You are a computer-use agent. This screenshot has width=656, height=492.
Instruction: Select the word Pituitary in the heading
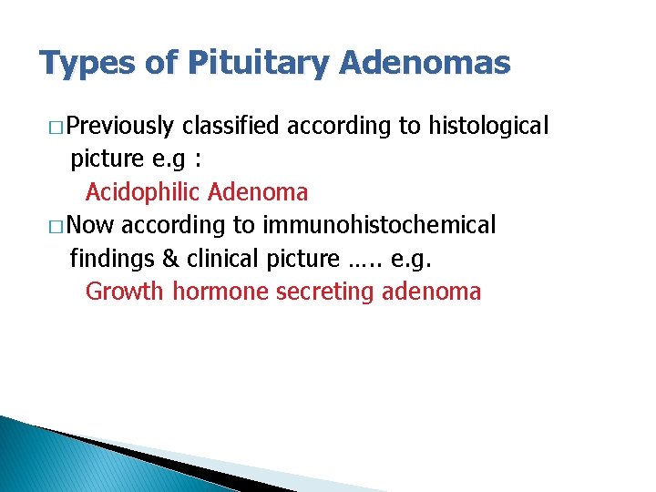[x=258, y=63]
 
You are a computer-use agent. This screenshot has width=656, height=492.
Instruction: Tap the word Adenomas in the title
[x=425, y=63]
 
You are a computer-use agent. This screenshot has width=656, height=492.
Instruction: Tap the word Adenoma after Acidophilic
[x=258, y=192]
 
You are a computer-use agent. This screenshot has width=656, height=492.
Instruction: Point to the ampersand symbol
[x=170, y=259]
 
